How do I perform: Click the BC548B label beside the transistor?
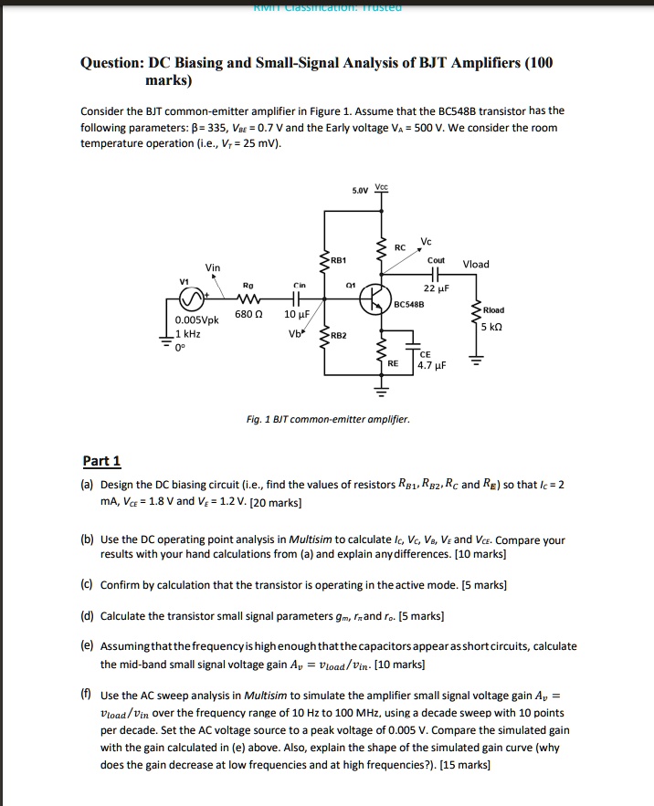pyautogui.click(x=408, y=302)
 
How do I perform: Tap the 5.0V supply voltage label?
pyautogui.click(x=361, y=191)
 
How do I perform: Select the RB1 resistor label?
pyautogui.click(x=339, y=258)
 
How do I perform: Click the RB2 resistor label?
pyautogui.click(x=339, y=335)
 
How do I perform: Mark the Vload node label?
pyautogui.click(x=476, y=265)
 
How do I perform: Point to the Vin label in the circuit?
pyautogui.click(x=213, y=267)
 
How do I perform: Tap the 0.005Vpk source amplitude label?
pyautogui.click(x=195, y=320)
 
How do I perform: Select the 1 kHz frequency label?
pyautogui.click(x=188, y=335)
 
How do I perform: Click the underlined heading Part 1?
pyautogui.click(x=101, y=461)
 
